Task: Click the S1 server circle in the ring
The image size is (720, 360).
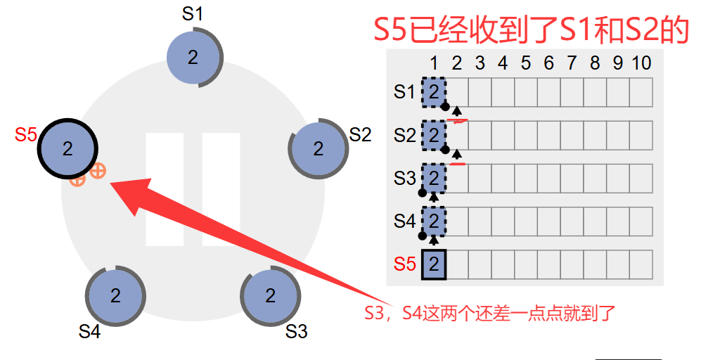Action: pyautogui.click(x=193, y=58)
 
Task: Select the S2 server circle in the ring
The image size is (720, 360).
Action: pyautogui.click(x=319, y=148)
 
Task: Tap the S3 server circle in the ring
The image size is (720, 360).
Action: pyautogui.click(x=271, y=296)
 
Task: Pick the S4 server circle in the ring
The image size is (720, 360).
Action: pyautogui.click(x=115, y=295)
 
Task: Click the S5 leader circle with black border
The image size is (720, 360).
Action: pyautogui.click(x=67, y=148)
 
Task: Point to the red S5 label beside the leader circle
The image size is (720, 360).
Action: pyautogui.click(x=25, y=134)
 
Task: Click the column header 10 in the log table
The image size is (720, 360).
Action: pyautogui.click(x=641, y=63)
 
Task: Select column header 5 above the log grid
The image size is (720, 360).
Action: pyautogui.click(x=525, y=63)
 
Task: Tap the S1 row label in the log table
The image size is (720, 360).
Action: pyautogui.click(x=404, y=91)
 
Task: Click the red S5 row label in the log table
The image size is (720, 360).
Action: pyautogui.click(x=404, y=264)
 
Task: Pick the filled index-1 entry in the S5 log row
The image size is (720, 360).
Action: pyautogui.click(x=434, y=264)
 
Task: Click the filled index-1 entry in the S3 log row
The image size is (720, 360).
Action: pyautogui.click(x=434, y=178)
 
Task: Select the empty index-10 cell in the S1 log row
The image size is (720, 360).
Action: pyautogui.click(x=641, y=91)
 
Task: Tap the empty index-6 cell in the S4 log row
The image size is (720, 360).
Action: pyautogui.click(x=548, y=221)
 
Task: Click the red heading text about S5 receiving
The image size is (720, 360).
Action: pyautogui.click(x=530, y=30)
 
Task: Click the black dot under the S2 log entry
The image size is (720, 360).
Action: pyautogui.click(x=444, y=149)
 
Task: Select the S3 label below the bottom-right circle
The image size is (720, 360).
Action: pyautogui.click(x=296, y=331)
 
